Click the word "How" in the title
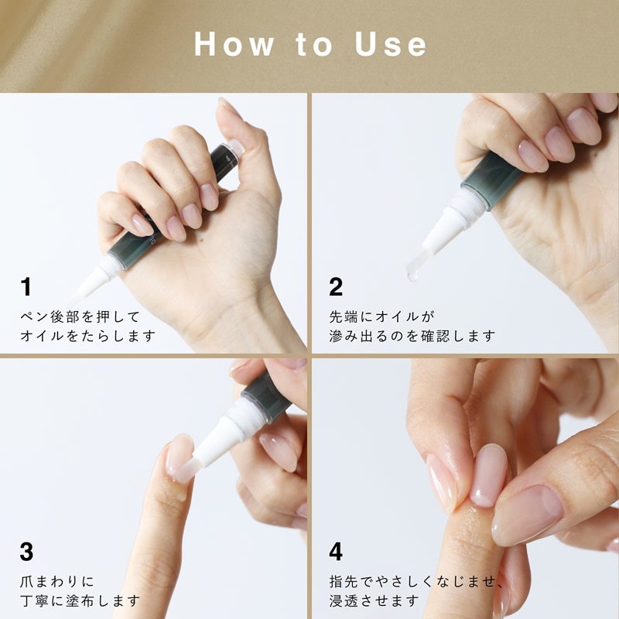234,44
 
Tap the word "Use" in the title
391,44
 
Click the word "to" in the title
314,45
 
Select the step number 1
26,286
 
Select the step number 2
336,286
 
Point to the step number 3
26,552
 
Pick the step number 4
336,552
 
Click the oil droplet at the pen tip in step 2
412,274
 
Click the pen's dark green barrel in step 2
491,180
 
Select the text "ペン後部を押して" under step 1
80,316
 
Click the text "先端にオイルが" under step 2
381,316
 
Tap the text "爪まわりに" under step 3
57,582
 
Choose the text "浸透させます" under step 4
374,601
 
